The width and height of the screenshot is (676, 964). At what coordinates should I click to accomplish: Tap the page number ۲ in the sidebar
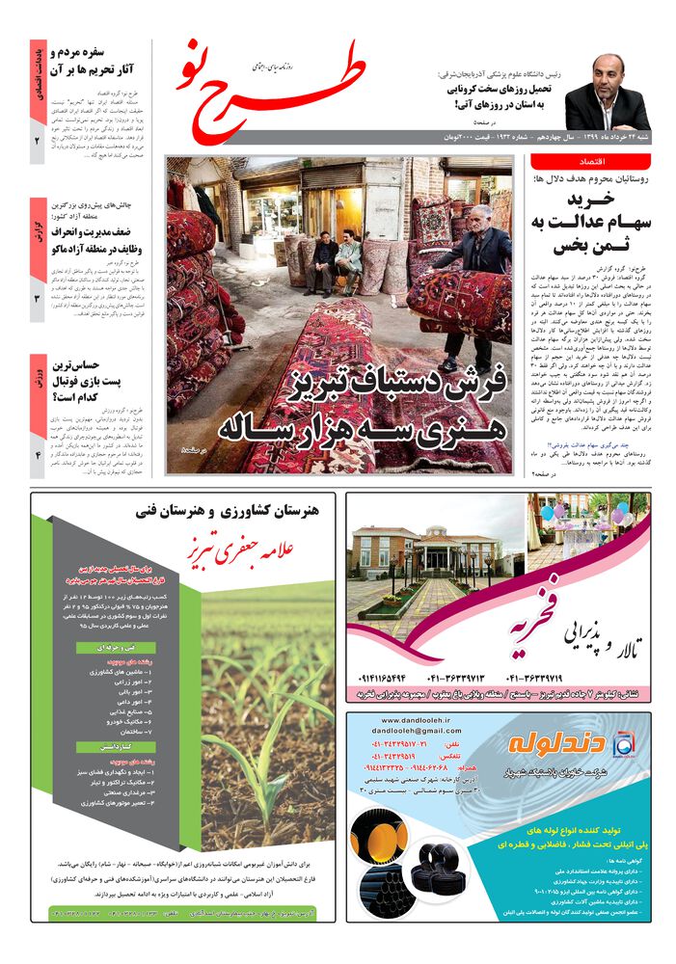37,141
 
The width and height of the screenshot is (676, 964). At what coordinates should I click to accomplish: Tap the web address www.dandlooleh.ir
405,720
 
